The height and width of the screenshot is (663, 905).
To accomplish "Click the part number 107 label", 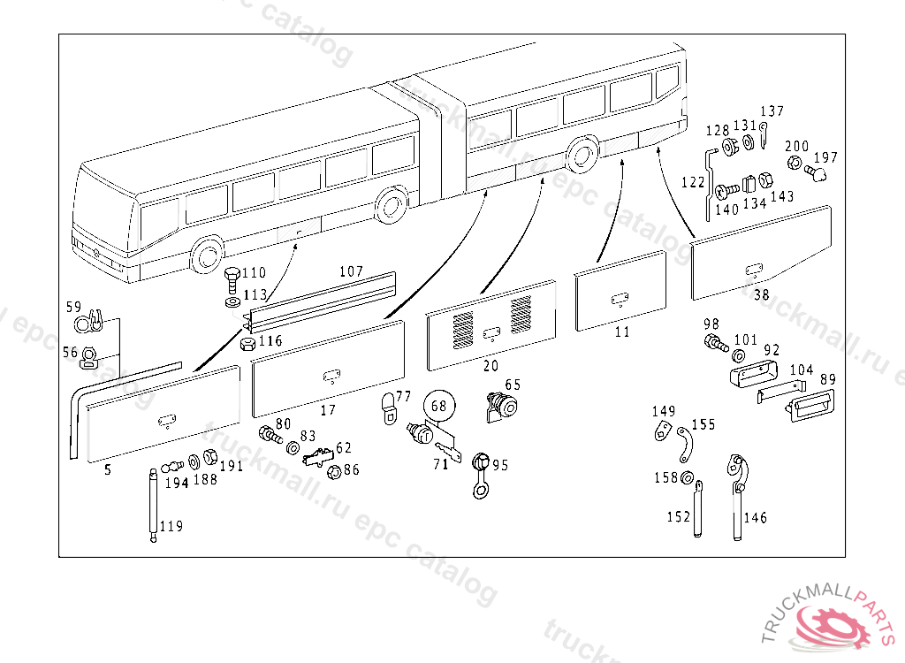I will pyautogui.click(x=351, y=271).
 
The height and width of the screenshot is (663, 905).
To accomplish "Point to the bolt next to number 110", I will pyautogui.click(x=231, y=280).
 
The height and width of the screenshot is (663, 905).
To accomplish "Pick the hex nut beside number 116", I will pyautogui.click(x=248, y=343).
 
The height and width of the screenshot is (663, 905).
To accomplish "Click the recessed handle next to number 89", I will pyautogui.click(x=808, y=408).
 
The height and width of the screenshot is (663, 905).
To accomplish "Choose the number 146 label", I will pyautogui.click(x=756, y=518).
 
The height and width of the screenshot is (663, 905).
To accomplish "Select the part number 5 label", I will pyautogui.click(x=108, y=470).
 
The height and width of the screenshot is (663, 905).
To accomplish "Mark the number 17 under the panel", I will pyautogui.click(x=328, y=410).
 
